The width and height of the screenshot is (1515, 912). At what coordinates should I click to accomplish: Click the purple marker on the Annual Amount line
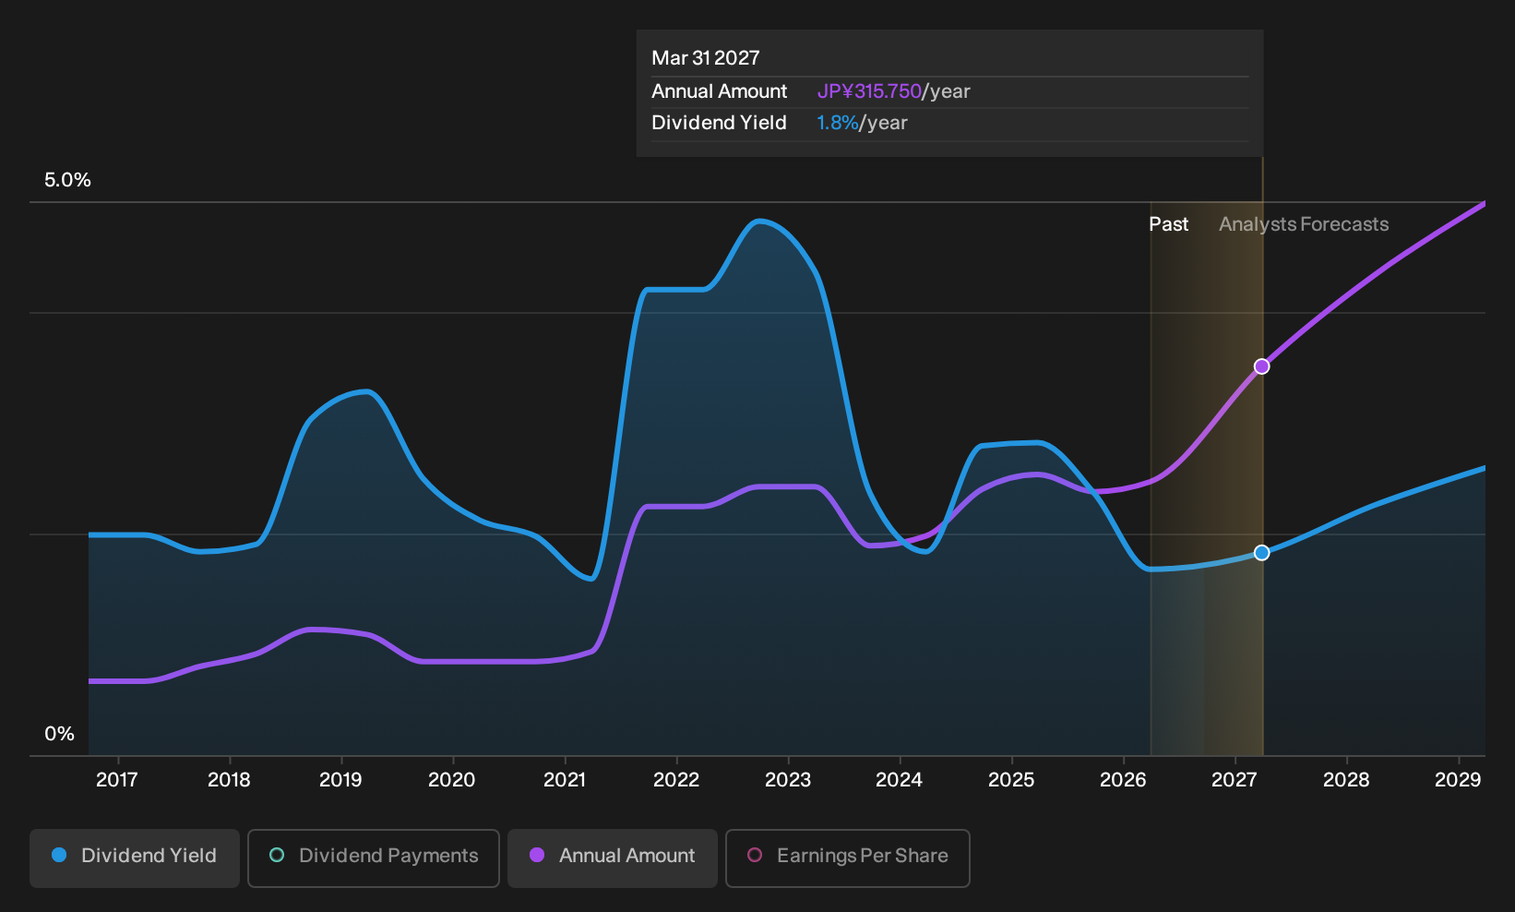pos(1261,366)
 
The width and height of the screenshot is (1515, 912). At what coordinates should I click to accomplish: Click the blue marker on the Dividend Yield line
pos(1261,553)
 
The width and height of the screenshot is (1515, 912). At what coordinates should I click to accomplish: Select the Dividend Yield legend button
pos(135,858)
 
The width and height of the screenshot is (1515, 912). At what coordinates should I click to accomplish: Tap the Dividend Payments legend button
pos(374,858)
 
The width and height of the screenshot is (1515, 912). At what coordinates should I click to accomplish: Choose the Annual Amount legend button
pos(612,858)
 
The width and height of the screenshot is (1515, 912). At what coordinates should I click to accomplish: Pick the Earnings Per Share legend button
pos(847,858)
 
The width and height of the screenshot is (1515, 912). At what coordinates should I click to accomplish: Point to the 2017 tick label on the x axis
pos(117,780)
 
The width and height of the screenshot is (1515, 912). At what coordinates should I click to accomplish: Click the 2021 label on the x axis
pos(565,780)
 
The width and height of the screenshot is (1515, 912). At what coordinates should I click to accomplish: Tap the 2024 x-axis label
pos(900,780)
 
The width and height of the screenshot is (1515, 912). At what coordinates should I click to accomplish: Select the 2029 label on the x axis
pos(1458,780)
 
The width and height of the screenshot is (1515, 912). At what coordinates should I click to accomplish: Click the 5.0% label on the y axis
pos(67,180)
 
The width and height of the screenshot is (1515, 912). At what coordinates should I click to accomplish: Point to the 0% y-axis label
pos(60,734)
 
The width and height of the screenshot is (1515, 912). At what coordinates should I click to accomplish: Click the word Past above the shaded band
pos(1169,224)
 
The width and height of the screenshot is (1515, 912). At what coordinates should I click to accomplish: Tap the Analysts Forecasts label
pos(1304,224)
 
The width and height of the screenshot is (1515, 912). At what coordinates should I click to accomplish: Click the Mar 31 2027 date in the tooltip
pos(706,58)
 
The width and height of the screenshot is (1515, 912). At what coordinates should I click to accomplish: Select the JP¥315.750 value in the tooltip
pos(869,91)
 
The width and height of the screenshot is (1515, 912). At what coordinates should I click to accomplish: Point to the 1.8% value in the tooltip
pos(837,123)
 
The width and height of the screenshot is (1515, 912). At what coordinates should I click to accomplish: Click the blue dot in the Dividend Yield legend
pos(60,855)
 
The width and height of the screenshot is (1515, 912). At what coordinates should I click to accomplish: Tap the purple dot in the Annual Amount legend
pos(537,855)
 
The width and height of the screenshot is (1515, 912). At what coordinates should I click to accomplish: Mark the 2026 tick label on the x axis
pos(1124,780)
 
